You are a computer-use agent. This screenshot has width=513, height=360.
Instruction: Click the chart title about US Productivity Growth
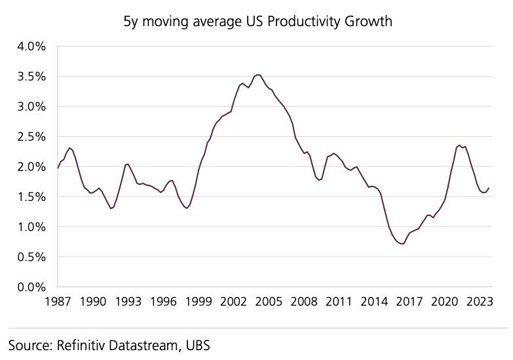click(258, 21)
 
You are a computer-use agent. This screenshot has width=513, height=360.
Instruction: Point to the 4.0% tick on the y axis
click(31, 46)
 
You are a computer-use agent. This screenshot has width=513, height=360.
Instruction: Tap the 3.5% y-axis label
click(31, 77)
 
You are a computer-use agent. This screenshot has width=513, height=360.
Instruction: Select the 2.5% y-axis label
click(31, 137)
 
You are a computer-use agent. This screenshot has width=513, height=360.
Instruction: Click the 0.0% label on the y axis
click(31, 287)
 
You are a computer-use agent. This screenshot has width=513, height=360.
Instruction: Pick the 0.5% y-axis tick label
click(31, 257)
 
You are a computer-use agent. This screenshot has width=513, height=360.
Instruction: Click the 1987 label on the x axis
click(58, 302)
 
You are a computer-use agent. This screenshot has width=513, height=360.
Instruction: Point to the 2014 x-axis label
click(374, 302)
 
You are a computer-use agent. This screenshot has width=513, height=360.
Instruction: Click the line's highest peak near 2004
click(258, 75)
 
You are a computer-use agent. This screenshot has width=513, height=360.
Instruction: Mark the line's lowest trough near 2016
click(402, 243)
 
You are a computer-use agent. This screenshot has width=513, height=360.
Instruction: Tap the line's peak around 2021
click(460, 145)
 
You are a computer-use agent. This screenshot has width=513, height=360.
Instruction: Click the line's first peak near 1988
click(70, 148)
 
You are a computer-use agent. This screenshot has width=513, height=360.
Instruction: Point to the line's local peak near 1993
click(128, 164)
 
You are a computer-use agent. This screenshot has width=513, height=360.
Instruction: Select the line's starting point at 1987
click(58, 168)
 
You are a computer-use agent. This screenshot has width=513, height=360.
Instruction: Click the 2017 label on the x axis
click(409, 302)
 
